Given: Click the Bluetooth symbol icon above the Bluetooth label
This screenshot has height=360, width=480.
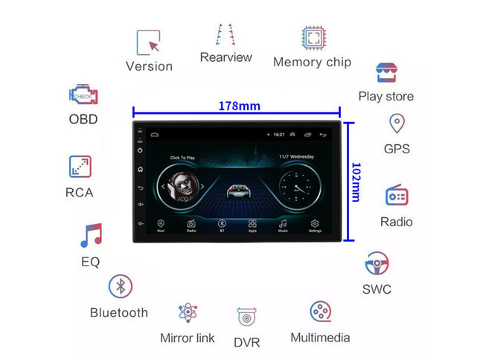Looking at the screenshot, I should (x=121, y=286).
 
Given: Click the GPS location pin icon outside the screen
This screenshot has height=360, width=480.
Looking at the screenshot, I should (x=397, y=123).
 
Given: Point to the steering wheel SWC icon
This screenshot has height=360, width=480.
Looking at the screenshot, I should (x=377, y=263).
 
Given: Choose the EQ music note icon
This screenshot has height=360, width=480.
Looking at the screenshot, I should (x=91, y=236).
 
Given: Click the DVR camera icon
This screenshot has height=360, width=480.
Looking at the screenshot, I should (x=247, y=318).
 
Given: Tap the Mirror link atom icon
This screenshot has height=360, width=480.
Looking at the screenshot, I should (x=188, y=313).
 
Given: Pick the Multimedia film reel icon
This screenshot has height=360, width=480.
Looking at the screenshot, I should (x=320, y=311).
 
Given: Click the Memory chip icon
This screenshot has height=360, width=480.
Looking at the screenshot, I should (x=312, y=37).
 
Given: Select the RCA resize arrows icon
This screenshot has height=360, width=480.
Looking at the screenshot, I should (x=80, y=167).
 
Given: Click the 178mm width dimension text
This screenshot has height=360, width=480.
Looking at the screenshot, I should (x=239, y=106).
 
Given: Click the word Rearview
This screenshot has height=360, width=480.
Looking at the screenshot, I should (x=226, y=57).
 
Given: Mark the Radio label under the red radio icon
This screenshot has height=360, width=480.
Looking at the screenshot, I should (x=396, y=222).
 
